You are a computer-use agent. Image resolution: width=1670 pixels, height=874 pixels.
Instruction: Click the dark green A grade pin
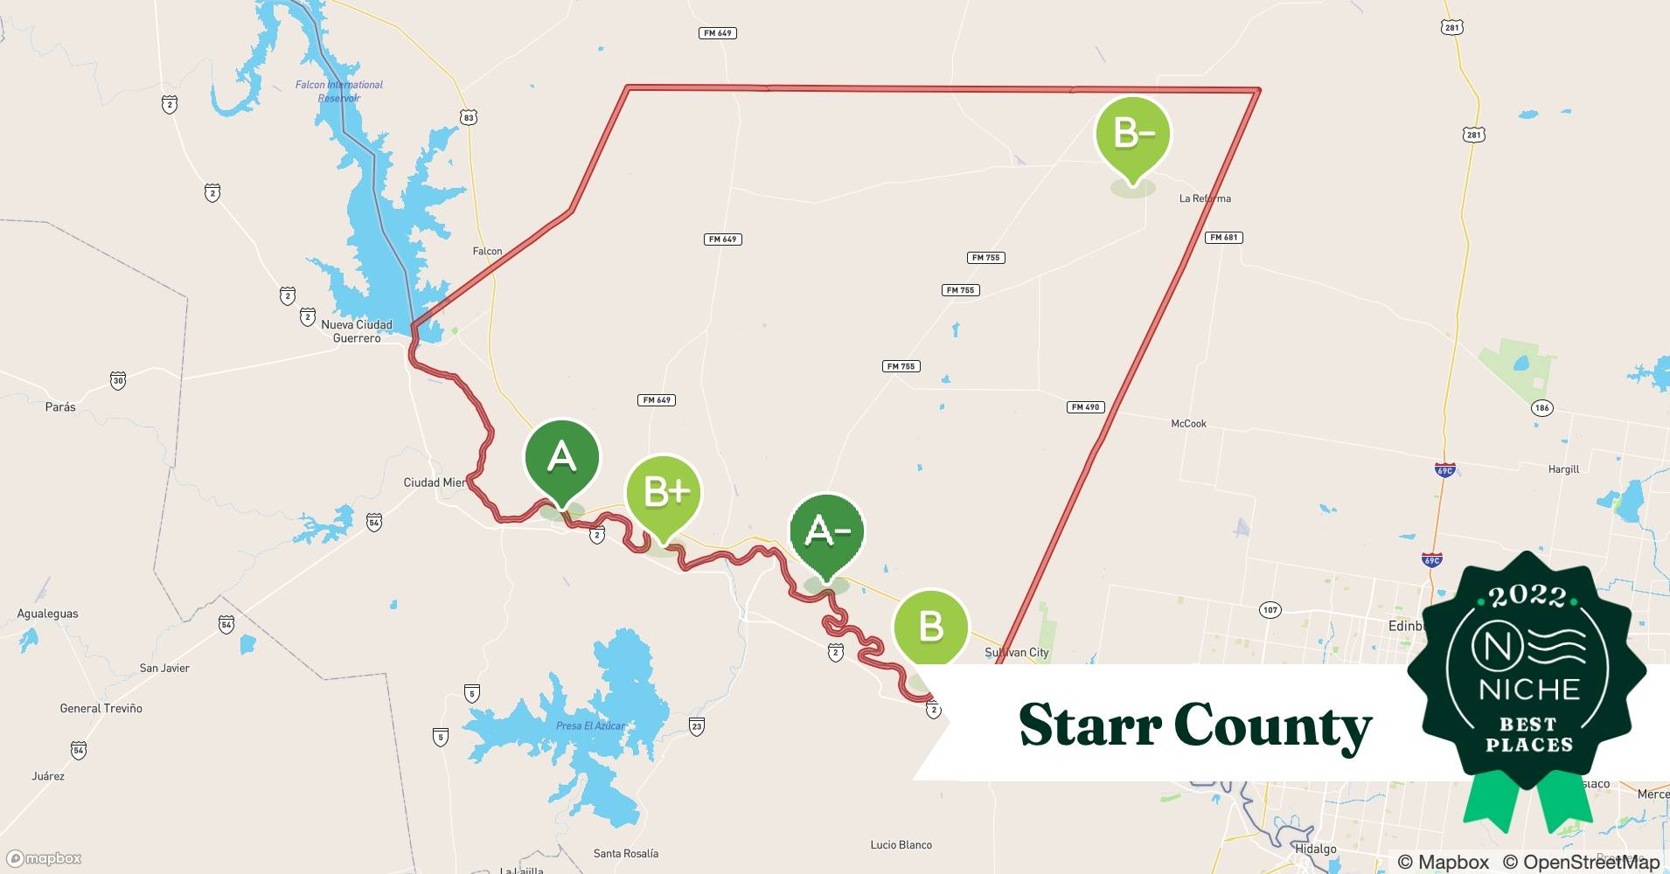561,458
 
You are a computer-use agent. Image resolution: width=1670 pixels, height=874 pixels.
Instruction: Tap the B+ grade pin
663,493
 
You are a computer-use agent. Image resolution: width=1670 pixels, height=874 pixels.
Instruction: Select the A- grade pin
826,531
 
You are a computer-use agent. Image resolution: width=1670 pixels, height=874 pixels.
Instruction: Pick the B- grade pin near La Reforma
1132,135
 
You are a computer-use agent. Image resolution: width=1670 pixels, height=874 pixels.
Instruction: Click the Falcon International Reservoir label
339,91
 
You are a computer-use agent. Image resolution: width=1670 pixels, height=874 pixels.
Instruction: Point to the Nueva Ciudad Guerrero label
357,331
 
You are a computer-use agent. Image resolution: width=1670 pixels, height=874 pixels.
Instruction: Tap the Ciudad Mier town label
435,482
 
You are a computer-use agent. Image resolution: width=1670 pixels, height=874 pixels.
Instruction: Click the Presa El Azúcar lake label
590,726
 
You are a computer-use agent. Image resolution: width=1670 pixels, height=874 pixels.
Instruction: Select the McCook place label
1188,424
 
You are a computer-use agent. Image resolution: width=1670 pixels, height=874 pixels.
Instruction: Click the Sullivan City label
1016,653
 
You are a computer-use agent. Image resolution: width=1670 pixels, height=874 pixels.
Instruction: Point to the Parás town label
60,407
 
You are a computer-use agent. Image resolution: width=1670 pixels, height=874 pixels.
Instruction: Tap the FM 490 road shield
1086,407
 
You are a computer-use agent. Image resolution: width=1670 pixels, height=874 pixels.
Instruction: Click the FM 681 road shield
1222,238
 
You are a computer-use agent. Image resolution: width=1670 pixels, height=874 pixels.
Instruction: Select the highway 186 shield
1541,408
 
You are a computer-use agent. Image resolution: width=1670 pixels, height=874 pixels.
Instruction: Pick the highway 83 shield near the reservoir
470,117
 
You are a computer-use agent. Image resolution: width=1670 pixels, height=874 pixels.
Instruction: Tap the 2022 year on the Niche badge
1527,596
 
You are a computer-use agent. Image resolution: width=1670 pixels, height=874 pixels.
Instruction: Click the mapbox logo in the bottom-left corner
45,859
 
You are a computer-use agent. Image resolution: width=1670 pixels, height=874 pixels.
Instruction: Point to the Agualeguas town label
48,614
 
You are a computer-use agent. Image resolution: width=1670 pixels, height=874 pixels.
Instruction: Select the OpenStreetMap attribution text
1581,862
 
